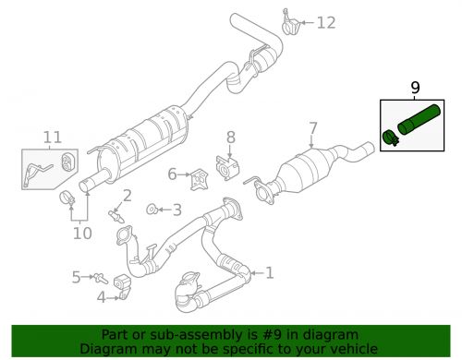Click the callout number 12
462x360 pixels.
pyautogui.click(x=326, y=23)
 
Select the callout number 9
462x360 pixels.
pyautogui.click(x=415, y=88)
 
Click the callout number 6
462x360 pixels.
pyautogui.click(x=172, y=174)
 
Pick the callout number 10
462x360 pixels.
pyautogui.click(x=83, y=233)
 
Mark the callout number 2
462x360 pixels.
pyautogui.click(x=127, y=195)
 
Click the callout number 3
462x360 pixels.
pyautogui.click(x=176, y=210)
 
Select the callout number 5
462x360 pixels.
pyautogui.click(x=76, y=276)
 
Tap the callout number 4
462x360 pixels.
pyautogui.click(x=101, y=296)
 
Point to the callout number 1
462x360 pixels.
pyautogui.click(x=269, y=273)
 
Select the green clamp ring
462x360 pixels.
pyautogui.click(x=390, y=139)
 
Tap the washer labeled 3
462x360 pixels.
pyautogui.click(x=152, y=210)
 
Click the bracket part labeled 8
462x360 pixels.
pyautogui.click(x=226, y=167)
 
